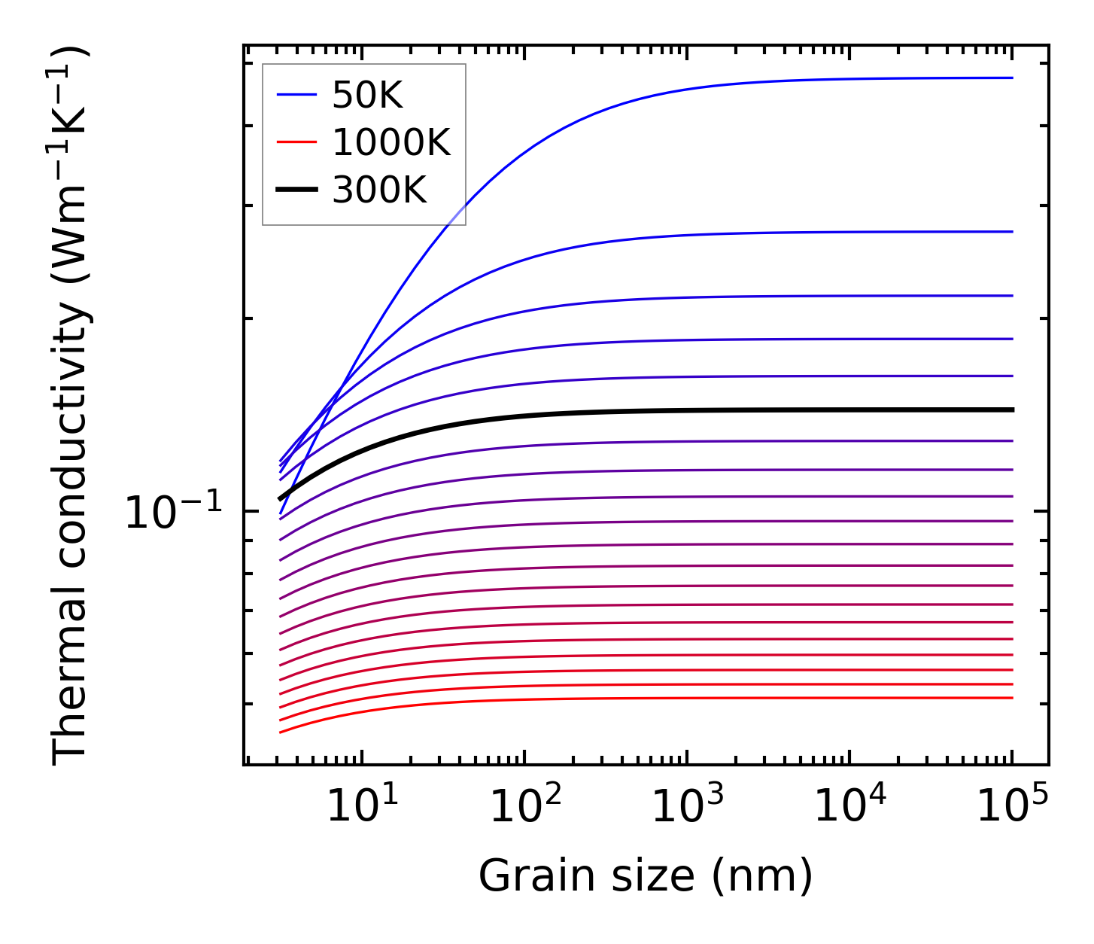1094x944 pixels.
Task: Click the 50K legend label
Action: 367,96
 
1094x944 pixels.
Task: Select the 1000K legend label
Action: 390,142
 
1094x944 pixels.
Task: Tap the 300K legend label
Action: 378,190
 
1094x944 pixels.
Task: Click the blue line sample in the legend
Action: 297,95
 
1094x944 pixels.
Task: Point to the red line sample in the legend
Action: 297,142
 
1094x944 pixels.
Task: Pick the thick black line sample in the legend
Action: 297,189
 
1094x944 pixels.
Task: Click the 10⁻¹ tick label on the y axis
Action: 174,513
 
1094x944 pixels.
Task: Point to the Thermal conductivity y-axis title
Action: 71,407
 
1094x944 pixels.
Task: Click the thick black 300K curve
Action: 677,410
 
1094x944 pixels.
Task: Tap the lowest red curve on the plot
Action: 677,699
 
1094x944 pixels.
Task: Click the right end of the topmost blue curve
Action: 1012,78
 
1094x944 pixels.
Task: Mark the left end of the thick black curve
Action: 280,499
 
